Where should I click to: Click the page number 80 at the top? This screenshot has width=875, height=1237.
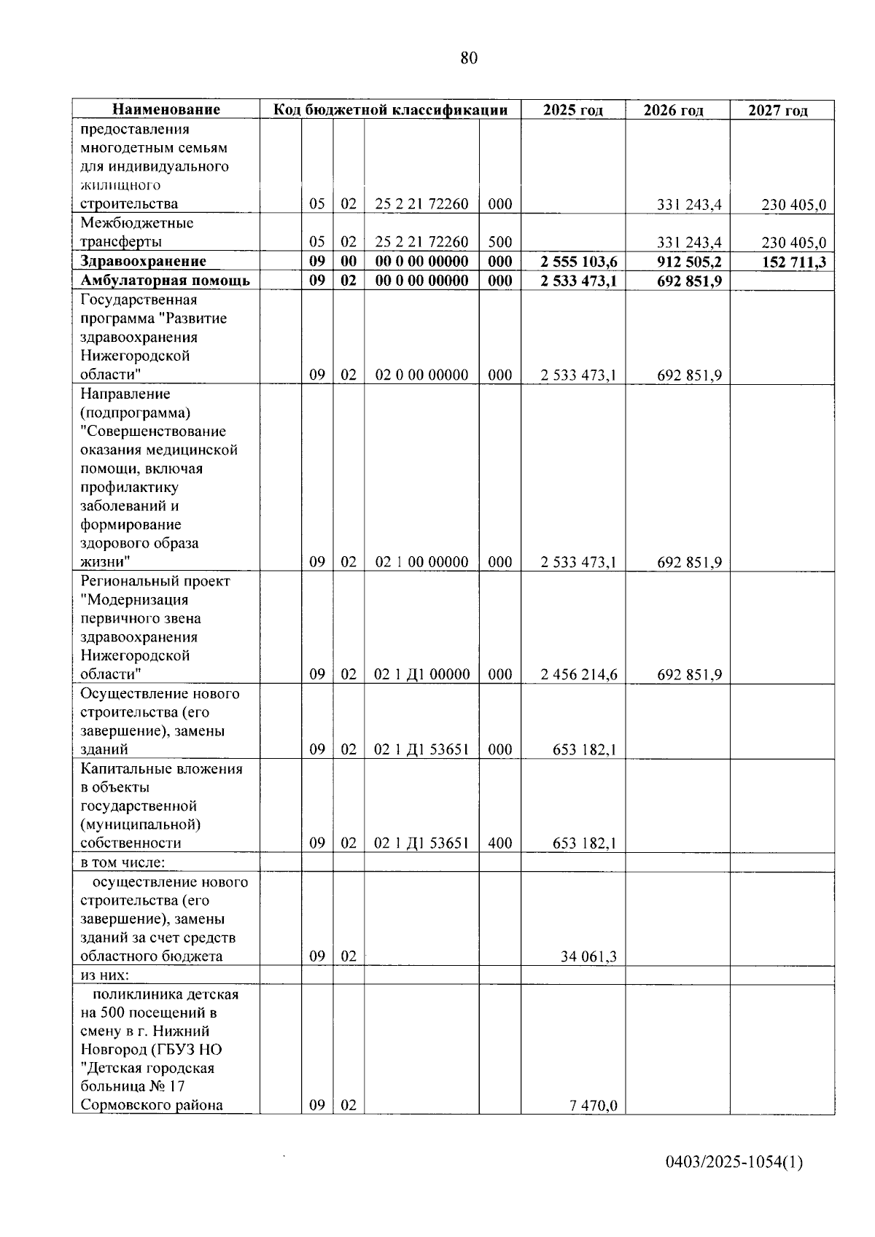point(469,58)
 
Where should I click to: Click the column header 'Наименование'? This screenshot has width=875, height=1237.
point(166,110)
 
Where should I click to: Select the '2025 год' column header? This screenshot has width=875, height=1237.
point(573,110)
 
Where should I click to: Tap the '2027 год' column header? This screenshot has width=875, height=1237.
point(778,111)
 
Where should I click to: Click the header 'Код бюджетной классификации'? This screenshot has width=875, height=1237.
point(390,110)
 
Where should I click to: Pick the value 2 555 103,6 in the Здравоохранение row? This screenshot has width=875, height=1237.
point(579,262)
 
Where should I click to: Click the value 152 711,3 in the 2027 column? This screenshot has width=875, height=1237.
point(794,262)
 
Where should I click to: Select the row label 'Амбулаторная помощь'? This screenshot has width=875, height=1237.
point(165,281)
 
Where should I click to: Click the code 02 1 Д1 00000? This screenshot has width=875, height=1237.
point(421,674)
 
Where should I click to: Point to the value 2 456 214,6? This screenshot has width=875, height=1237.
point(579,674)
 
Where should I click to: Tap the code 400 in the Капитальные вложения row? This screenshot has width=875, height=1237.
point(499,843)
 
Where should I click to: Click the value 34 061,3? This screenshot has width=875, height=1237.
point(588,956)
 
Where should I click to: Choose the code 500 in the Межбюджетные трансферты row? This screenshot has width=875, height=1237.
point(499,242)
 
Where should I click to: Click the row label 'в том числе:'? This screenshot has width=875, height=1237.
point(122,863)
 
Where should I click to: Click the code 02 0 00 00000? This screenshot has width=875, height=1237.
point(421,375)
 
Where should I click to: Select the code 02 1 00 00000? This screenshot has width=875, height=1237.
point(421,562)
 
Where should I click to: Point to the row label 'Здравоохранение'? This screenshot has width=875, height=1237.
point(143,262)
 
